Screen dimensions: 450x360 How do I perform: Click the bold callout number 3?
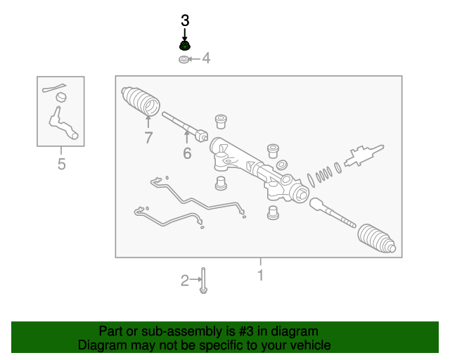point(185,20)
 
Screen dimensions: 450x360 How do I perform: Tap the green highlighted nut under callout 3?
point(185,46)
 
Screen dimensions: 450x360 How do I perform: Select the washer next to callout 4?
point(184,60)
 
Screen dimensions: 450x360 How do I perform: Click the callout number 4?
point(206,58)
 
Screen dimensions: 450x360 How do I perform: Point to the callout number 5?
point(61,164)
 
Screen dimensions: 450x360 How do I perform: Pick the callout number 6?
point(187,153)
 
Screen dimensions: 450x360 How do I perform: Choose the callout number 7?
point(148,138)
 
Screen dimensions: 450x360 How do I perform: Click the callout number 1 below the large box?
point(261,276)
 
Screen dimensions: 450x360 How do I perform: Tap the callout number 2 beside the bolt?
point(185,281)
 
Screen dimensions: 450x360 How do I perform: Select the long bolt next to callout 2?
point(203,281)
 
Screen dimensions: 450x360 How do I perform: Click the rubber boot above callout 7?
point(141,101)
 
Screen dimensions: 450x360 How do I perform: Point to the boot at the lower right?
point(377,238)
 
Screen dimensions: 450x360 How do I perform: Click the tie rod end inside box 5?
point(63,124)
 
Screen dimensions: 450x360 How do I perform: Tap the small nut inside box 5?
point(61,97)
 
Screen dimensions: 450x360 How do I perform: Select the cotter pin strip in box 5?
point(54,88)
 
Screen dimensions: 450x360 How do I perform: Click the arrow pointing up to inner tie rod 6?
point(187,136)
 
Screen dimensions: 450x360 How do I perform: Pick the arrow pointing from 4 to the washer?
point(194,59)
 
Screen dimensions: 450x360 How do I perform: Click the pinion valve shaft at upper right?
point(364,155)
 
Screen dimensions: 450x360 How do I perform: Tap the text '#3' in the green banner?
point(245,332)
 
